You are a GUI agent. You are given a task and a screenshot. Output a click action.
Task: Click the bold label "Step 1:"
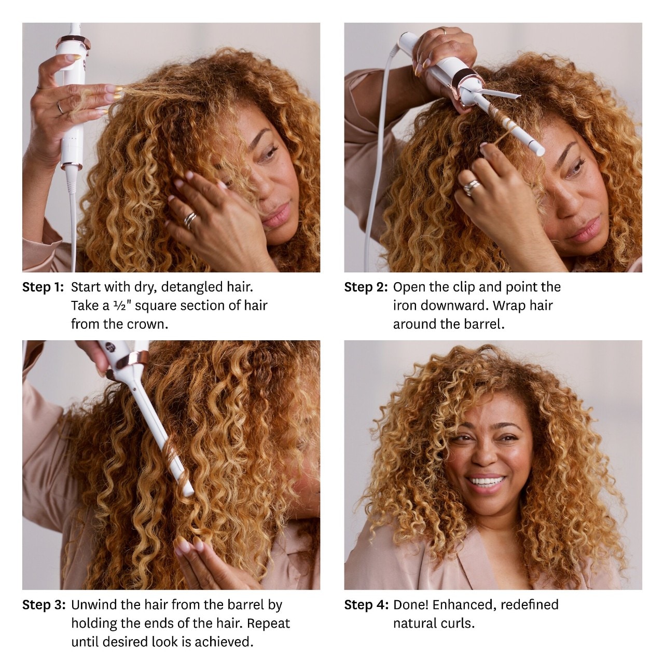43,287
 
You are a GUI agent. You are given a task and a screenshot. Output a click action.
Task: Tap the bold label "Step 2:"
366,287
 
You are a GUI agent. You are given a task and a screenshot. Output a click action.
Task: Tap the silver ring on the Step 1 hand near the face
190,219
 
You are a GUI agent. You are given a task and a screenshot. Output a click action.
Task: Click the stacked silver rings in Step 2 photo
471,187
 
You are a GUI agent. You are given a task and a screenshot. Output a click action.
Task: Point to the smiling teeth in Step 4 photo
486,481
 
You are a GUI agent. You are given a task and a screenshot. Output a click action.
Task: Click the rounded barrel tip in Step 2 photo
541,151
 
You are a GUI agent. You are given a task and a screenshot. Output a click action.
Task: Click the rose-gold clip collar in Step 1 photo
74,43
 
